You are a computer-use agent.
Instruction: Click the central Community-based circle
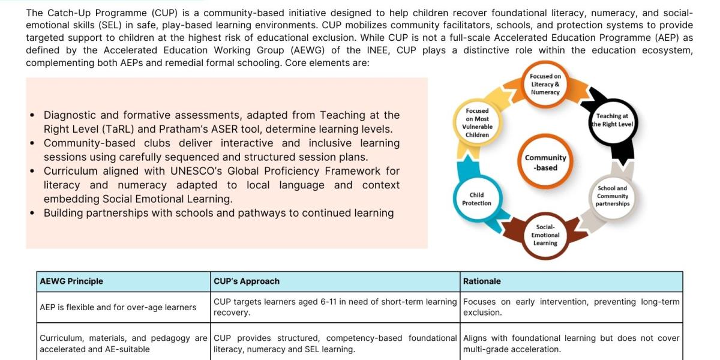pos(545,163)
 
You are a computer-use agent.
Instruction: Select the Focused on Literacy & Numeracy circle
pos(545,85)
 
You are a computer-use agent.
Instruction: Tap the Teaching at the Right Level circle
pos(612,120)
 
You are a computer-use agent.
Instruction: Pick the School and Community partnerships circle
pos(612,196)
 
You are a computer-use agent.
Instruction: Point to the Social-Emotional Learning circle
pos(545,235)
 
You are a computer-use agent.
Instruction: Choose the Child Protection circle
pos(477,199)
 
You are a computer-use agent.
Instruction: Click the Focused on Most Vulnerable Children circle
pos(477,122)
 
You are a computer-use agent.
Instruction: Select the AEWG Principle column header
pos(71,281)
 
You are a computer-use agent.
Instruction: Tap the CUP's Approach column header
pos(247,281)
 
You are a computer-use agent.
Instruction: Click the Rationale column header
pos(482,281)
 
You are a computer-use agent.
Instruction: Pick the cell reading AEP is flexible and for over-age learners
pos(118,307)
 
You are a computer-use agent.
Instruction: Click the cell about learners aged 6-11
pos(335,307)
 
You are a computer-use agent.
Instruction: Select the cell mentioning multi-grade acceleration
pos(571,343)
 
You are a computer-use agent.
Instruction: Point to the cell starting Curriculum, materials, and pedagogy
pos(124,343)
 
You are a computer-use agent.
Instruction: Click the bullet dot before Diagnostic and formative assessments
pos(32,115)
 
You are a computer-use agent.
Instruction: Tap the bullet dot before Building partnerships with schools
pos(32,214)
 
